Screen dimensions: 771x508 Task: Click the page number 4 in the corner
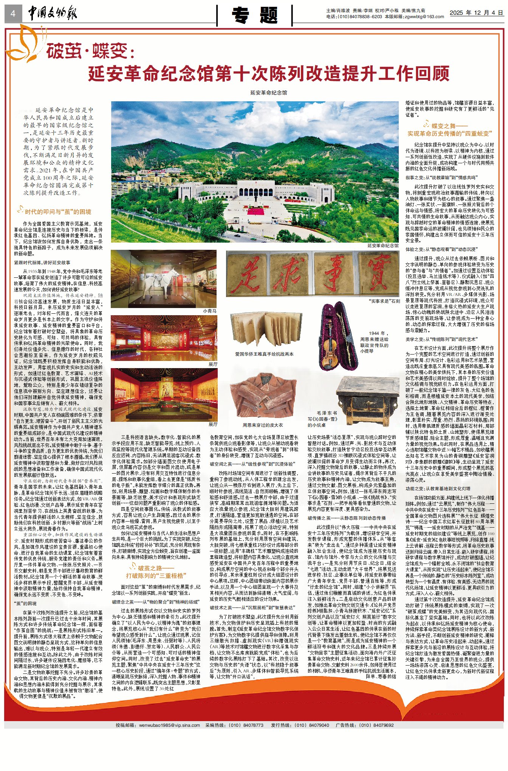(x=13, y=14)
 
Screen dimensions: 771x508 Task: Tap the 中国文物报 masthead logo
(x=53, y=14)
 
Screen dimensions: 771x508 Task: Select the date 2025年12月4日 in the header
(x=476, y=13)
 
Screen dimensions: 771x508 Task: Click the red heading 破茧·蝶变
(x=90, y=51)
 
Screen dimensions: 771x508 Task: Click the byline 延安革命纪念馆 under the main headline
(x=268, y=93)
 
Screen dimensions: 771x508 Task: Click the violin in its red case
(x=333, y=336)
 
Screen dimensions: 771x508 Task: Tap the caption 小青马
(x=210, y=311)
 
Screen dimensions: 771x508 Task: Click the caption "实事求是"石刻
(x=384, y=301)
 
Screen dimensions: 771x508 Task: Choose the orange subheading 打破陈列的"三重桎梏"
(x=156, y=576)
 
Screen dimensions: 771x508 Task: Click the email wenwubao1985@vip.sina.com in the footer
(x=169, y=725)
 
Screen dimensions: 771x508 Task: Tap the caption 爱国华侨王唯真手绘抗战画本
(x=264, y=354)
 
